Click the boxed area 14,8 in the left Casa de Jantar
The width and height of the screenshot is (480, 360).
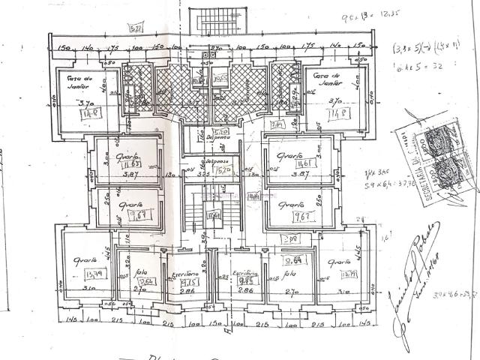point(94,113)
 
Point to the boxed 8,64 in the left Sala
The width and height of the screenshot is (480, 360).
point(147,281)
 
